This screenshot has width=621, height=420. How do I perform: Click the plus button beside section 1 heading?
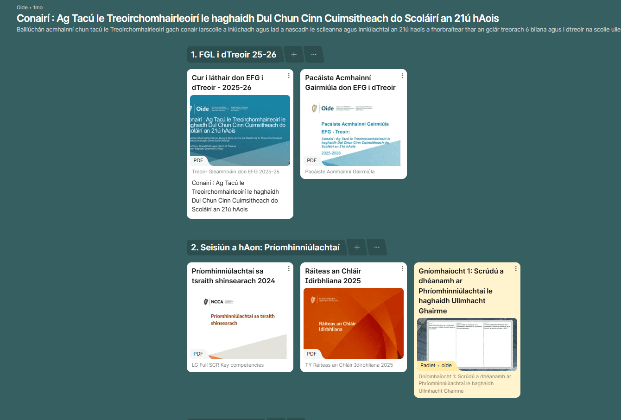294,54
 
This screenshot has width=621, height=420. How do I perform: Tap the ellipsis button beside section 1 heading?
314,54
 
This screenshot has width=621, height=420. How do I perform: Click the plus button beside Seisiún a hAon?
357,247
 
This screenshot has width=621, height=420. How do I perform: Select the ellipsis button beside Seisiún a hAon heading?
377,247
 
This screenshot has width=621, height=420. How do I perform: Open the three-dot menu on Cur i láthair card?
289,76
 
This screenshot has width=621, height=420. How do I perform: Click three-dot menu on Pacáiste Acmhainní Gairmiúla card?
402,76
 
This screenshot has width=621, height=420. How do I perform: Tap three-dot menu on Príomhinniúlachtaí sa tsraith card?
289,268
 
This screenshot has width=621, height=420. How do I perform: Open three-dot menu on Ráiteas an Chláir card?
402,268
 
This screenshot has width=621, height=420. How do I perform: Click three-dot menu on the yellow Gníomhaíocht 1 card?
516,268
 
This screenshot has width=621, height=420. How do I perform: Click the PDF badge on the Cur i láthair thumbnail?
198,160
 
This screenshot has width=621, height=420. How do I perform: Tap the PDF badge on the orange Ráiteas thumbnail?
312,354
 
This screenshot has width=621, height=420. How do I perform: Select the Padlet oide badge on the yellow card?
436,365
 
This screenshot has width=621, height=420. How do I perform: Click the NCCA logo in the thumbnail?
214,302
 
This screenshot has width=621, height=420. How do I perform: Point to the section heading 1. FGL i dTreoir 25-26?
234,55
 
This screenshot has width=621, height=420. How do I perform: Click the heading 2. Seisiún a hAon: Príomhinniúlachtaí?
265,248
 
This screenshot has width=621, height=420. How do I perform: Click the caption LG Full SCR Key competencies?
228,365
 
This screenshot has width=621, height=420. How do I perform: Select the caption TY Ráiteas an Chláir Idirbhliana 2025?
349,365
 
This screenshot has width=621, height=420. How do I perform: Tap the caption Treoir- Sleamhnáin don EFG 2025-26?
235,172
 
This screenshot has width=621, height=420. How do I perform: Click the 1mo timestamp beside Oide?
38,7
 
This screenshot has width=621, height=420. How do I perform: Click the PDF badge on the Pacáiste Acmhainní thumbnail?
312,160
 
